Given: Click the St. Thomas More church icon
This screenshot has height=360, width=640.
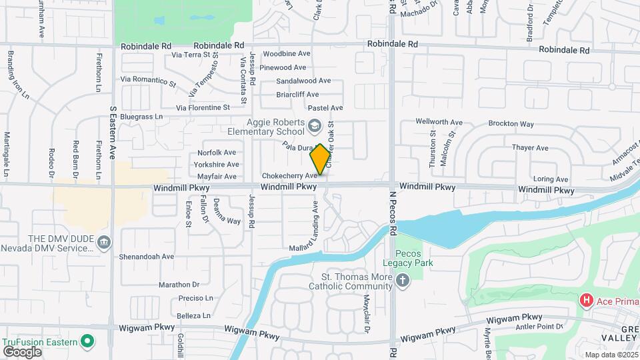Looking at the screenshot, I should coord(402,281).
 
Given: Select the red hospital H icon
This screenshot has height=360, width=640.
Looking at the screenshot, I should coord(587,301).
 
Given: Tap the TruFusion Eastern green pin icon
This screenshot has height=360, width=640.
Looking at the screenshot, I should coord(87,342).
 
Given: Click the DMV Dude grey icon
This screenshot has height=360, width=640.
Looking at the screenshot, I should coord(103,241).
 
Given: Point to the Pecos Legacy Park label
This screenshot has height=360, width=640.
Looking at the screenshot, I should coord(414,258).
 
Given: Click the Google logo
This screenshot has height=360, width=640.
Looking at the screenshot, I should coord(22,351).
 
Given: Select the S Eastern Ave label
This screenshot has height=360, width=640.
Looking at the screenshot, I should coord(113,133).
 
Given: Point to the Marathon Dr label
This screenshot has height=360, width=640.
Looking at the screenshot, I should coord(179,285).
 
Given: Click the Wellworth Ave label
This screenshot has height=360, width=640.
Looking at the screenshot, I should coord(439,122).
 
